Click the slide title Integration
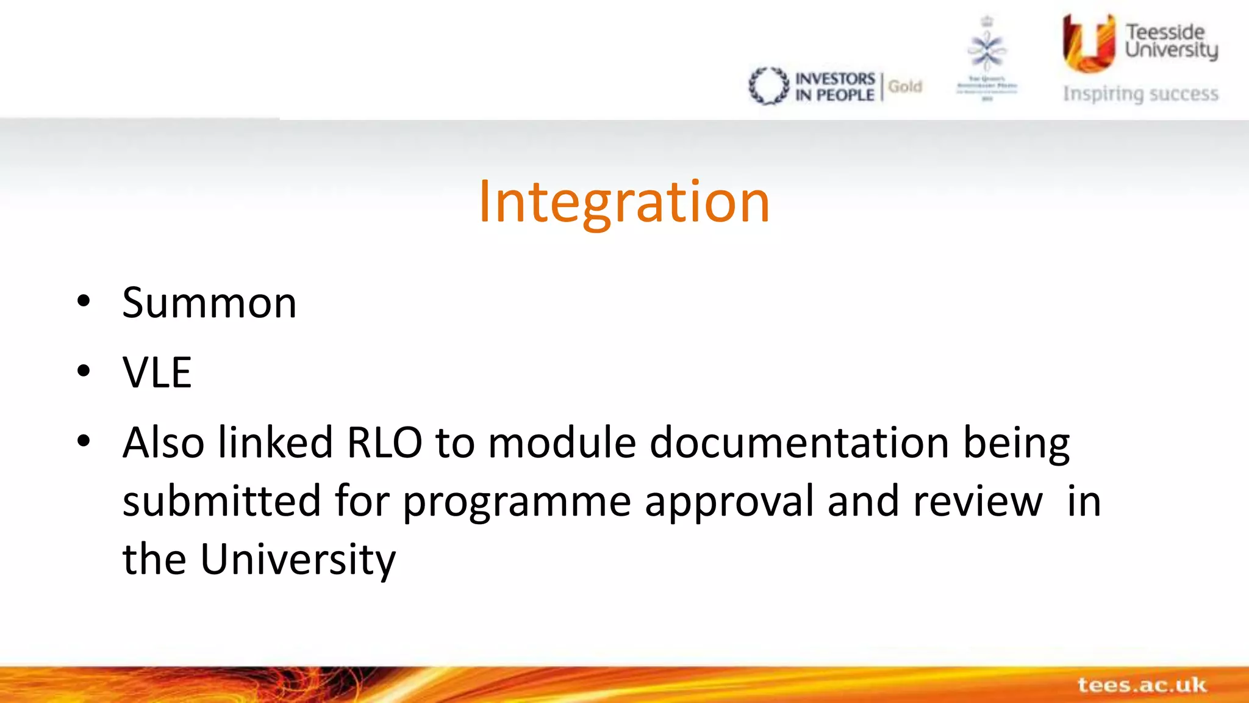[624, 202]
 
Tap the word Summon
[209, 303]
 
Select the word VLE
[157, 372]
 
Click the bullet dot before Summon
[84, 301]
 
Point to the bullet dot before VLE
[84, 371]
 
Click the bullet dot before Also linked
[84, 441]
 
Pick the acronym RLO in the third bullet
[384, 442]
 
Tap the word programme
[517, 502]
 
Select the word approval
[729, 502]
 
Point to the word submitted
[221, 501]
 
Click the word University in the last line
[298, 560]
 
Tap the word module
[562, 442]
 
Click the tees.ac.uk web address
[1142, 685]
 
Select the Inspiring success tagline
[1140, 94]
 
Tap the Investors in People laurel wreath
[768, 86]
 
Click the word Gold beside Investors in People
[905, 87]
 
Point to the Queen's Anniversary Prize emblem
[987, 58]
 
